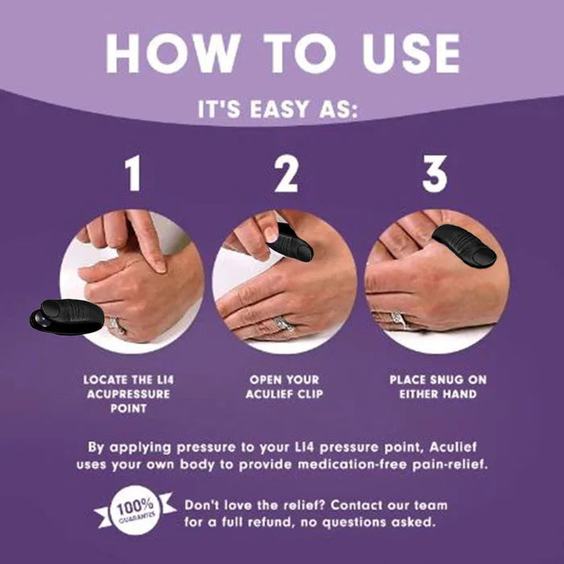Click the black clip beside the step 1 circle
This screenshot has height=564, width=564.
(68, 315)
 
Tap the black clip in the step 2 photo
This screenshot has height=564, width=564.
(292, 242)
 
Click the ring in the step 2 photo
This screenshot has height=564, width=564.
(283, 323)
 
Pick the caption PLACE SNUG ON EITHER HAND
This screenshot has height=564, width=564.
(437, 387)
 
